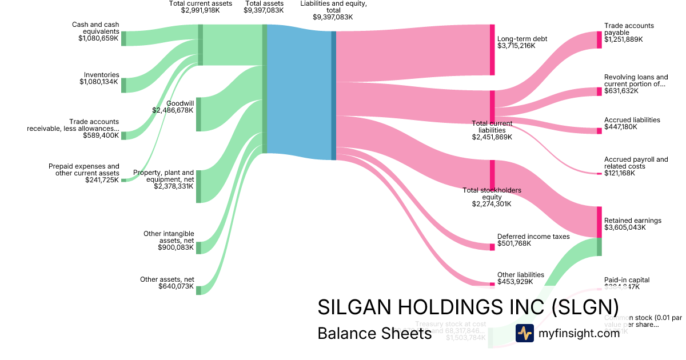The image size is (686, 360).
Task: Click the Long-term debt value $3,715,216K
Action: (x=516, y=45)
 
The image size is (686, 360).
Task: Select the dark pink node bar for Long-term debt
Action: (x=492, y=50)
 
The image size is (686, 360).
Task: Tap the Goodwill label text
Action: (x=180, y=103)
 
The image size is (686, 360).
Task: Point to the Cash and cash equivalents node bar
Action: (x=123, y=38)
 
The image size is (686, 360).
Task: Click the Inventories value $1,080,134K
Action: (x=99, y=82)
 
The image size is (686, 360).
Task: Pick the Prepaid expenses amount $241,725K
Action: (x=99, y=179)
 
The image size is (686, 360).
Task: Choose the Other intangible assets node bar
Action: (x=198, y=247)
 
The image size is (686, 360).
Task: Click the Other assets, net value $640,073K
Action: (x=176, y=286)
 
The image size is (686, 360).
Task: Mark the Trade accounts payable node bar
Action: (x=599, y=39)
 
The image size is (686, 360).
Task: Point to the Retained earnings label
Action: (x=632, y=220)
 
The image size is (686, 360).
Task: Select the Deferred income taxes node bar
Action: (x=492, y=247)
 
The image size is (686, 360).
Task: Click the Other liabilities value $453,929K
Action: (x=515, y=281)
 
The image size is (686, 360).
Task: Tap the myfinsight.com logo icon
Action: (x=524, y=333)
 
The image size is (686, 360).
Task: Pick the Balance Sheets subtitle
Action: (x=374, y=333)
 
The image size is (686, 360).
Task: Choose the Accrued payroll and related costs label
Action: (x=636, y=163)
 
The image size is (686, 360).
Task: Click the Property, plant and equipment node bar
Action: (x=198, y=186)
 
